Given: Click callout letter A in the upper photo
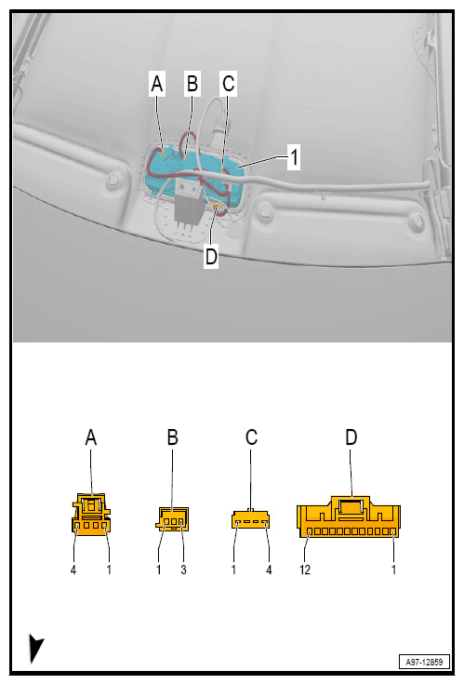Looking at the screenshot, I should (157, 85).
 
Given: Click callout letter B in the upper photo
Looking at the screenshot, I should (192, 85).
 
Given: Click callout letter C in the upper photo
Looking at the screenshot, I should (228, 85).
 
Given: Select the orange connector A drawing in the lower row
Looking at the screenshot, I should (91, 516).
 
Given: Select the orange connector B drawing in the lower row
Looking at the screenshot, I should (172, 519).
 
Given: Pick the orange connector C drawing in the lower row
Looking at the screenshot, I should (252, 518).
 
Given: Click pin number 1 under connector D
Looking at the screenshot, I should (393, 570).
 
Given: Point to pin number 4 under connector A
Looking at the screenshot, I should (73, 570).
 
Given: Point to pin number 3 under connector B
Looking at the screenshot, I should (183, 570).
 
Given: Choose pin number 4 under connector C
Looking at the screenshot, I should (270, 570).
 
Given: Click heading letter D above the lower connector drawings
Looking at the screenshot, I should (351, 437).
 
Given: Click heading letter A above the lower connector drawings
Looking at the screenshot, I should (91, 437).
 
